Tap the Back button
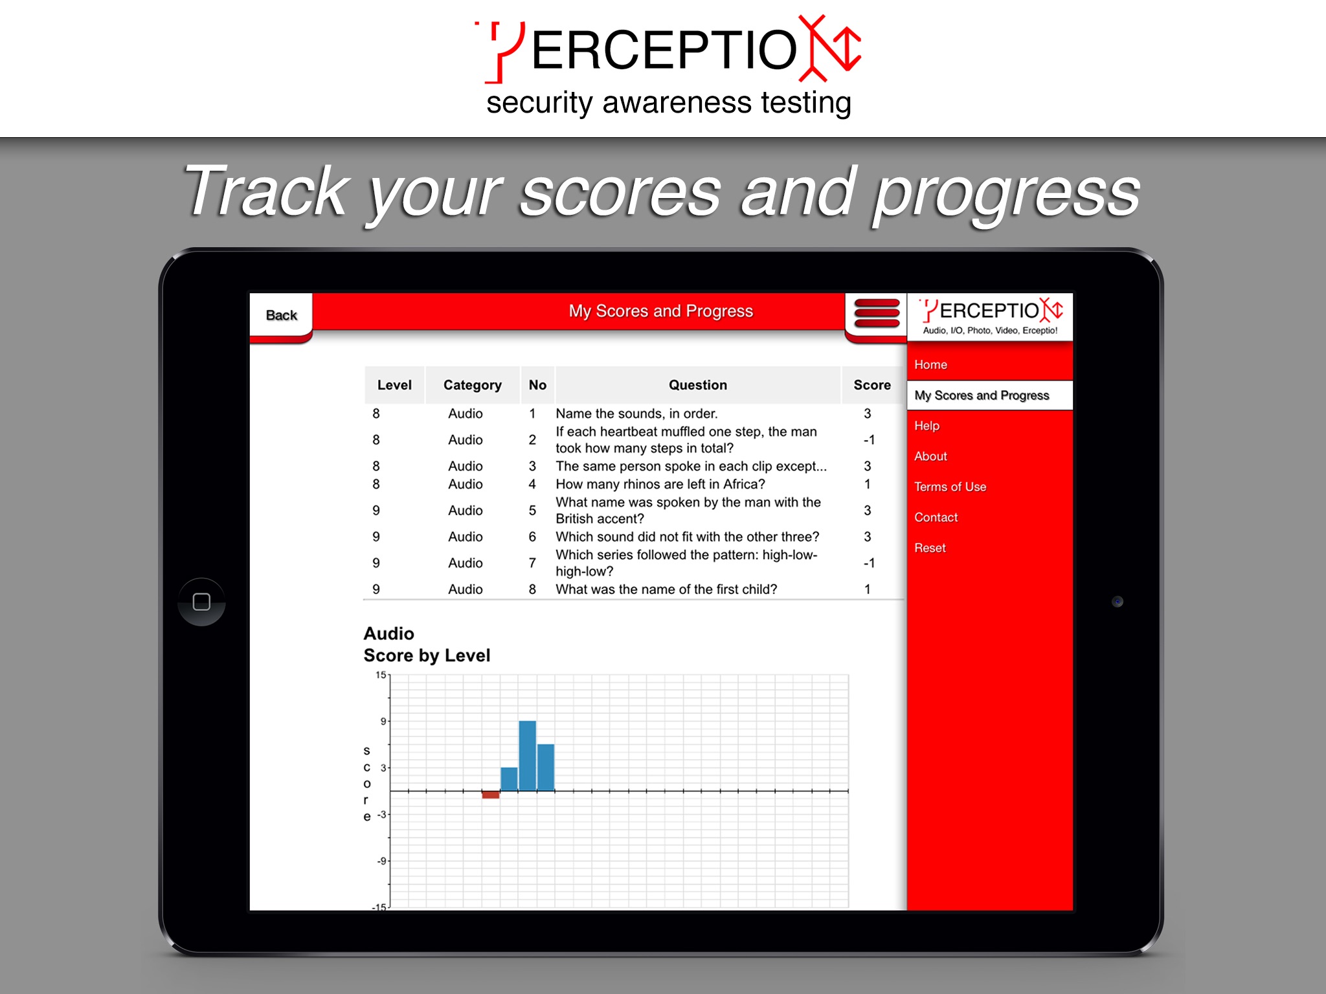pos(281,315)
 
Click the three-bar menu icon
pos(877,313)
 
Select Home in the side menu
pos(930,364)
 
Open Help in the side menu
pos(927,426)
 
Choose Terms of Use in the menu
pos(950,487)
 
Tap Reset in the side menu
pos(930,547)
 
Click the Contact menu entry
pos(936,517)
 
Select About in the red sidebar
pos(930,456)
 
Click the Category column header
pos(473,385)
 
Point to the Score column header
pos(872,385)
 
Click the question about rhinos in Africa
pos(660,484)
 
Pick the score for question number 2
pos(869,440)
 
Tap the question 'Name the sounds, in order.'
pos(636,414)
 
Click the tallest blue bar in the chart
pos(527,756)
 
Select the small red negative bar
pos(491,795)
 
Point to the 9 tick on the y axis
pos(383,721)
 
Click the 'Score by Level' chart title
pos(427,656)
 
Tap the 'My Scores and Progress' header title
pos(661,311)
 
